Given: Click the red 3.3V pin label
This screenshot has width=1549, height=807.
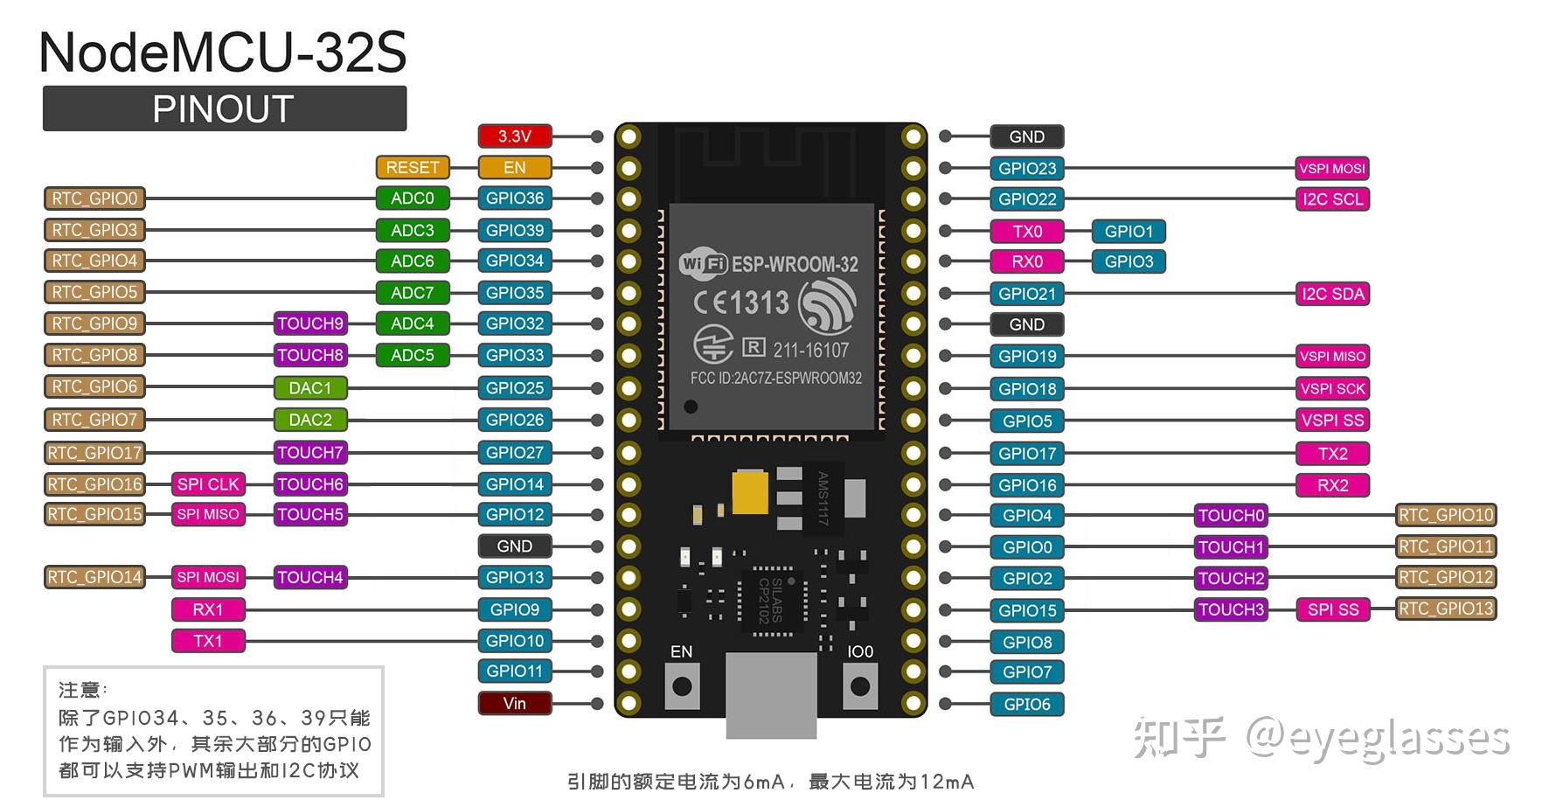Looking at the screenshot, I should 515,136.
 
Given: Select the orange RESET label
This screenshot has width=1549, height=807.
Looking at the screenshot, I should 413,167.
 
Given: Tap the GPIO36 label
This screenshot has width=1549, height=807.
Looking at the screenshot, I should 515,198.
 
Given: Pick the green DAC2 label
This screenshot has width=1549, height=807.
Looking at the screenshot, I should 310,420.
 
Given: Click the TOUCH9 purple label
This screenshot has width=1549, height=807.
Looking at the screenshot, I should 310,323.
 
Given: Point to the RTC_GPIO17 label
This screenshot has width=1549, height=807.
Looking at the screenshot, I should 94,453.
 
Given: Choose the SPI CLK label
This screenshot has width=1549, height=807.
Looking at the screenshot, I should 208,484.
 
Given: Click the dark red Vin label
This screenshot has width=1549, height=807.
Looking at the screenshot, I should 515,703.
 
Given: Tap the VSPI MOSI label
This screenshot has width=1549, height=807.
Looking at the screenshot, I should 1331,169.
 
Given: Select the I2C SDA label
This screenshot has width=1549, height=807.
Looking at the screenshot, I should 1332,294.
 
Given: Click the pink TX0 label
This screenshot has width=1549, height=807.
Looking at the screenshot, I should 1027,232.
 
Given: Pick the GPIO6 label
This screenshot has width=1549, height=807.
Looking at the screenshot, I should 1027,705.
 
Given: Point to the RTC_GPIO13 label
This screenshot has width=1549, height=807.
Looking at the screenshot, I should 1446,609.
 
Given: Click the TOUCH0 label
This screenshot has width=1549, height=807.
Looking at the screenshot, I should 1231,516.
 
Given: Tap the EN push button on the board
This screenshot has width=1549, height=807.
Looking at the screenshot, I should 682,686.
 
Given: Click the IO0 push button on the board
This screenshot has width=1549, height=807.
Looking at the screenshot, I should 860,686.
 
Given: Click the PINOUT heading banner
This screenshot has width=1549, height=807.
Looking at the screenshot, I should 225,109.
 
